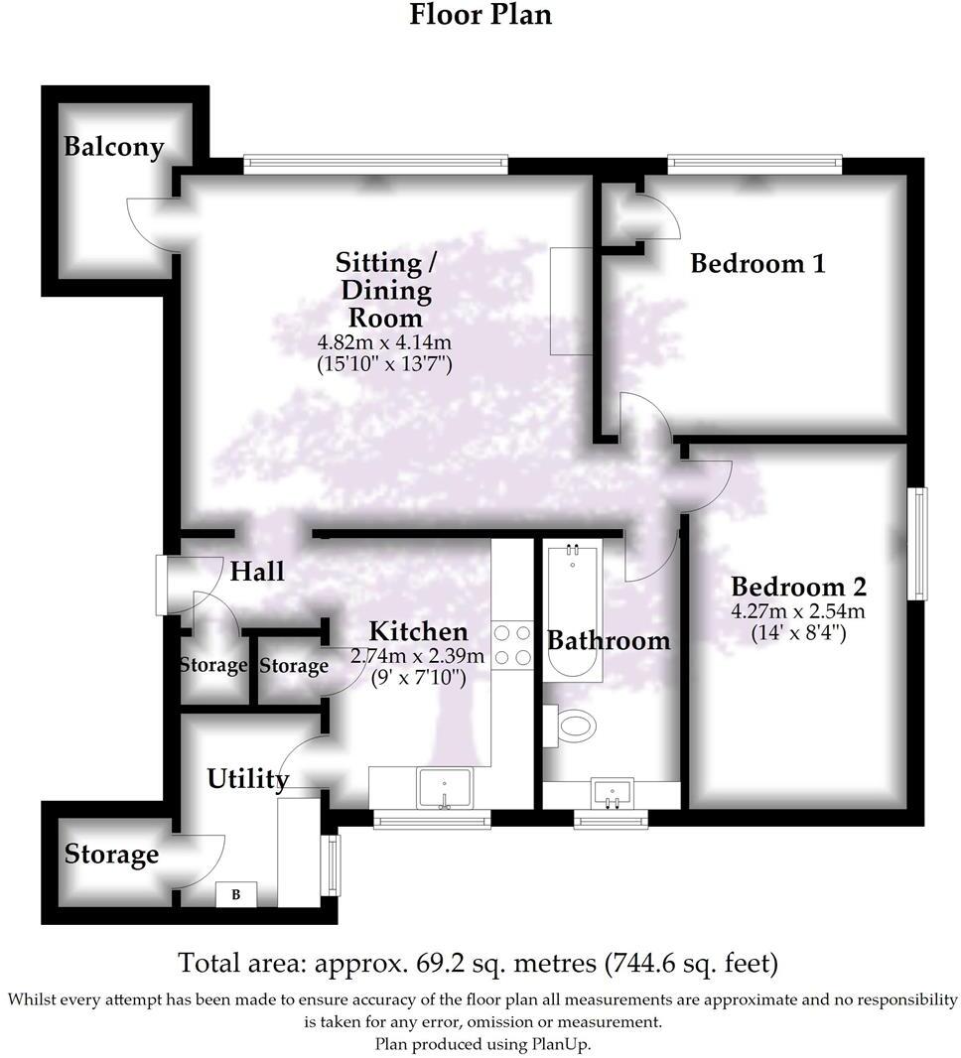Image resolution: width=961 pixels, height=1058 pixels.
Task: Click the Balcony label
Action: [113, 148]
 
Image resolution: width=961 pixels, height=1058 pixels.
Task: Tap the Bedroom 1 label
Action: [757, 264]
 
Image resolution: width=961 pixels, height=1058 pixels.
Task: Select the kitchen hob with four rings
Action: [512, 644]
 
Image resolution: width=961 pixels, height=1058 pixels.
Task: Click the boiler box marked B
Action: [236, 894]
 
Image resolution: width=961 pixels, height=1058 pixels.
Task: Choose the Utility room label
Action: [247, 779]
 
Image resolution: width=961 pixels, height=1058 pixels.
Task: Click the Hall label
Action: [257, 572]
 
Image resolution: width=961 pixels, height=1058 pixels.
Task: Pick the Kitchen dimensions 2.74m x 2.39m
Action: [418, 656]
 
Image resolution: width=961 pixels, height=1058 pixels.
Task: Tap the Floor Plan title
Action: [480, 16]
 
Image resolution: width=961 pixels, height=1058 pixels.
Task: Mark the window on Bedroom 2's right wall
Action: [922, 543]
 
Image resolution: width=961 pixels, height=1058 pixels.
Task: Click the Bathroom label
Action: [609, 640]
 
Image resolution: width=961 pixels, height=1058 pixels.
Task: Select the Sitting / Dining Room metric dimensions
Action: [383, 344]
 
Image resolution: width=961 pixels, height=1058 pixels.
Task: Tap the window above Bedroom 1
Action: [755, 159]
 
